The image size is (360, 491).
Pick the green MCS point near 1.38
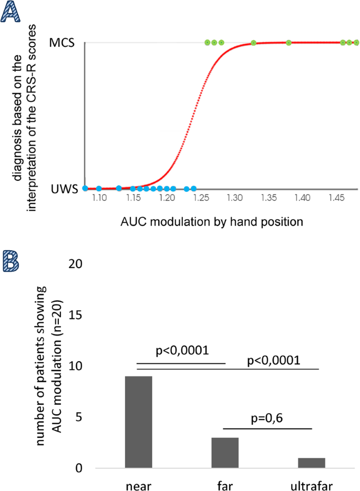click(x=289, y=43)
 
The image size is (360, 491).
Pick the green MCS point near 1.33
click(x=253, y=43)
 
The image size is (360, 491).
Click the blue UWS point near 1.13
click(x=119, y=188)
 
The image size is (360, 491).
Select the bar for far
click(x=225, y=453)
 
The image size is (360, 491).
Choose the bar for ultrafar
click(x=312, y=463)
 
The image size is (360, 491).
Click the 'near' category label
click(x=138, y=483)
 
